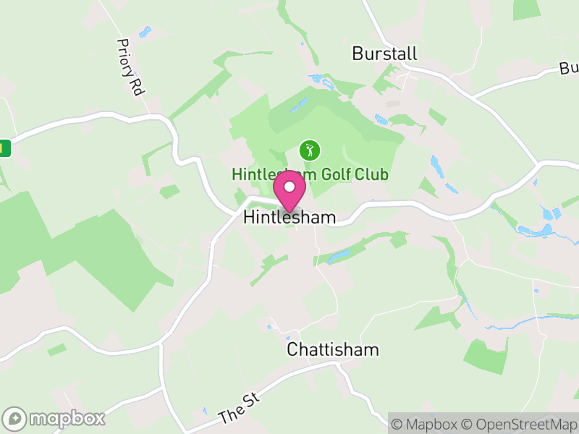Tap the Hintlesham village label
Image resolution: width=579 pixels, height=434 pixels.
tap(289, 217)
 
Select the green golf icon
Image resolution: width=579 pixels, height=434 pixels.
tap(310, 151)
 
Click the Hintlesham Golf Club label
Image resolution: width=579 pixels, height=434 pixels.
tap(310, 175)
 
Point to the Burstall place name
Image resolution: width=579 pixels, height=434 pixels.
tap(376, 54)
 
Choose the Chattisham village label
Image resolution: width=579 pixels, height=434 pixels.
tap(332, 350)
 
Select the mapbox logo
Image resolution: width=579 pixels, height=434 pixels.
tap(54, 418)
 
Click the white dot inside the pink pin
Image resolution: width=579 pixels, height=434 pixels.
tap(289, 187)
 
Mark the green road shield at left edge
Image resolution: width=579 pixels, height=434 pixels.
tap(5, 148)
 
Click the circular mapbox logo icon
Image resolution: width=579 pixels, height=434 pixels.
tap(14, 418)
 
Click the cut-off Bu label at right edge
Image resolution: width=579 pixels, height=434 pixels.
tap(568, 69)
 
